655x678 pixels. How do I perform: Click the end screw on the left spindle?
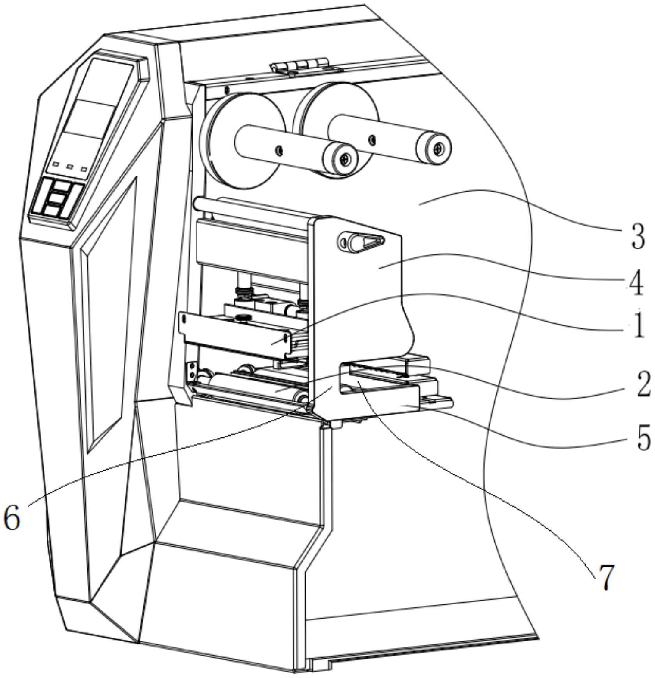345,159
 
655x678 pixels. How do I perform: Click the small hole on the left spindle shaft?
279,150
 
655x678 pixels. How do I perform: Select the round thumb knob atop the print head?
244,318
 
